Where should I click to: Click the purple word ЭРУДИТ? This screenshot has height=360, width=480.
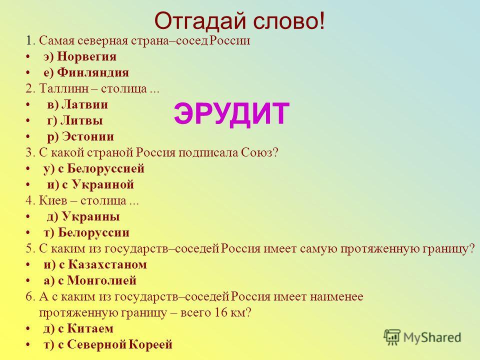point(231,113)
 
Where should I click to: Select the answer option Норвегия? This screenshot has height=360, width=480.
point(87,56)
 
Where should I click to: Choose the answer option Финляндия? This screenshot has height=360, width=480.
point(93,72)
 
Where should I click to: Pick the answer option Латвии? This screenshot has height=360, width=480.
point(85,104)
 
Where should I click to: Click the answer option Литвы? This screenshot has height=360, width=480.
point(81,120)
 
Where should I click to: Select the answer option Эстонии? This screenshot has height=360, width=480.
point(88,136)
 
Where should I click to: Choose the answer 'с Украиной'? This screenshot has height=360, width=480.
point(98,184)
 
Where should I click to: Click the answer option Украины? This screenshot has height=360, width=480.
point(91,216)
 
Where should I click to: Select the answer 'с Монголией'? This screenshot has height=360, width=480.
point(97,280)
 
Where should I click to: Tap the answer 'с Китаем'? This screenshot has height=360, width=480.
point(85,328)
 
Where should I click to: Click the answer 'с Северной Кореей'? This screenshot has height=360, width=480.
point(115,344)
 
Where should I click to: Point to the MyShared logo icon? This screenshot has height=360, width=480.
point(392,337)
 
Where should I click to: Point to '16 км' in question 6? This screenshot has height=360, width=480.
point(229,312)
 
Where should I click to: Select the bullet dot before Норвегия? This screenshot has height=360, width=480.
point(28,57)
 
